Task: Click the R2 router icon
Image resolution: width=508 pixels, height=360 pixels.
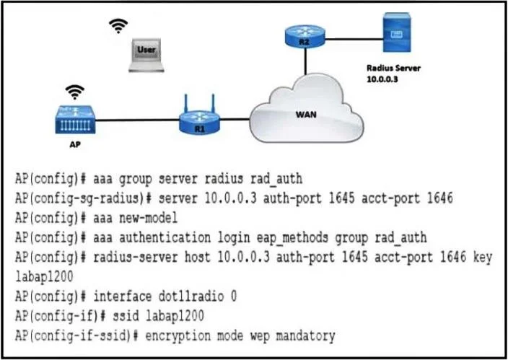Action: (305, 35)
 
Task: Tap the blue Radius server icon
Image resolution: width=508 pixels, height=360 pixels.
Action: (397, 32)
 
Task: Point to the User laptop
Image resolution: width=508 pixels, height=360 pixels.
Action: (146, 55)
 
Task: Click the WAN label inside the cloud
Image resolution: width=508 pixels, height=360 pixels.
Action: (306, 115)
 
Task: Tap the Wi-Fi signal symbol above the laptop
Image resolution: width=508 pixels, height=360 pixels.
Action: (118, 26)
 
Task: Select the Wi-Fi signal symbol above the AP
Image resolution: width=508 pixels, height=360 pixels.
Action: (75, 92)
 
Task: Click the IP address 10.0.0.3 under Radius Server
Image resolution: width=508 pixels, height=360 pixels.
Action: (382, 79)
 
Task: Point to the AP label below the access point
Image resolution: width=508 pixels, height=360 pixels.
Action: (75, 144)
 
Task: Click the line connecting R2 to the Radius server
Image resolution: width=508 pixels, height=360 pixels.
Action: (354, 39)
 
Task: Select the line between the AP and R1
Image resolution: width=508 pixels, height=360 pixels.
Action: (137, 120)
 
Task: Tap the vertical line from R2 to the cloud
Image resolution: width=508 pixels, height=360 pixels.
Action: (305, 61)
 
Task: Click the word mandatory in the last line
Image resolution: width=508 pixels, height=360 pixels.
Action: (305, 336)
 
